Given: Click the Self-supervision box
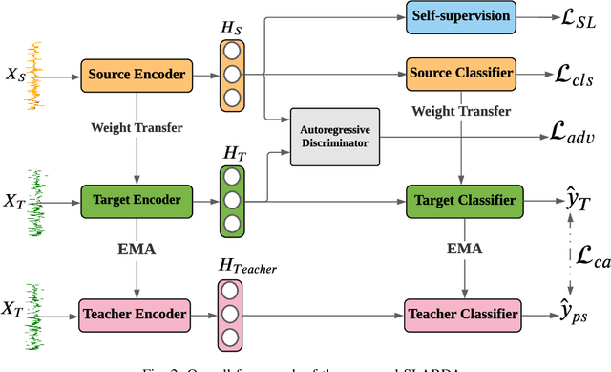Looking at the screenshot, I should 461,16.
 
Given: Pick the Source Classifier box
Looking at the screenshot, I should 462,73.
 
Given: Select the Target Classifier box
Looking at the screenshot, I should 462,201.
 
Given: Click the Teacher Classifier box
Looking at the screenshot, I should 462,313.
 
